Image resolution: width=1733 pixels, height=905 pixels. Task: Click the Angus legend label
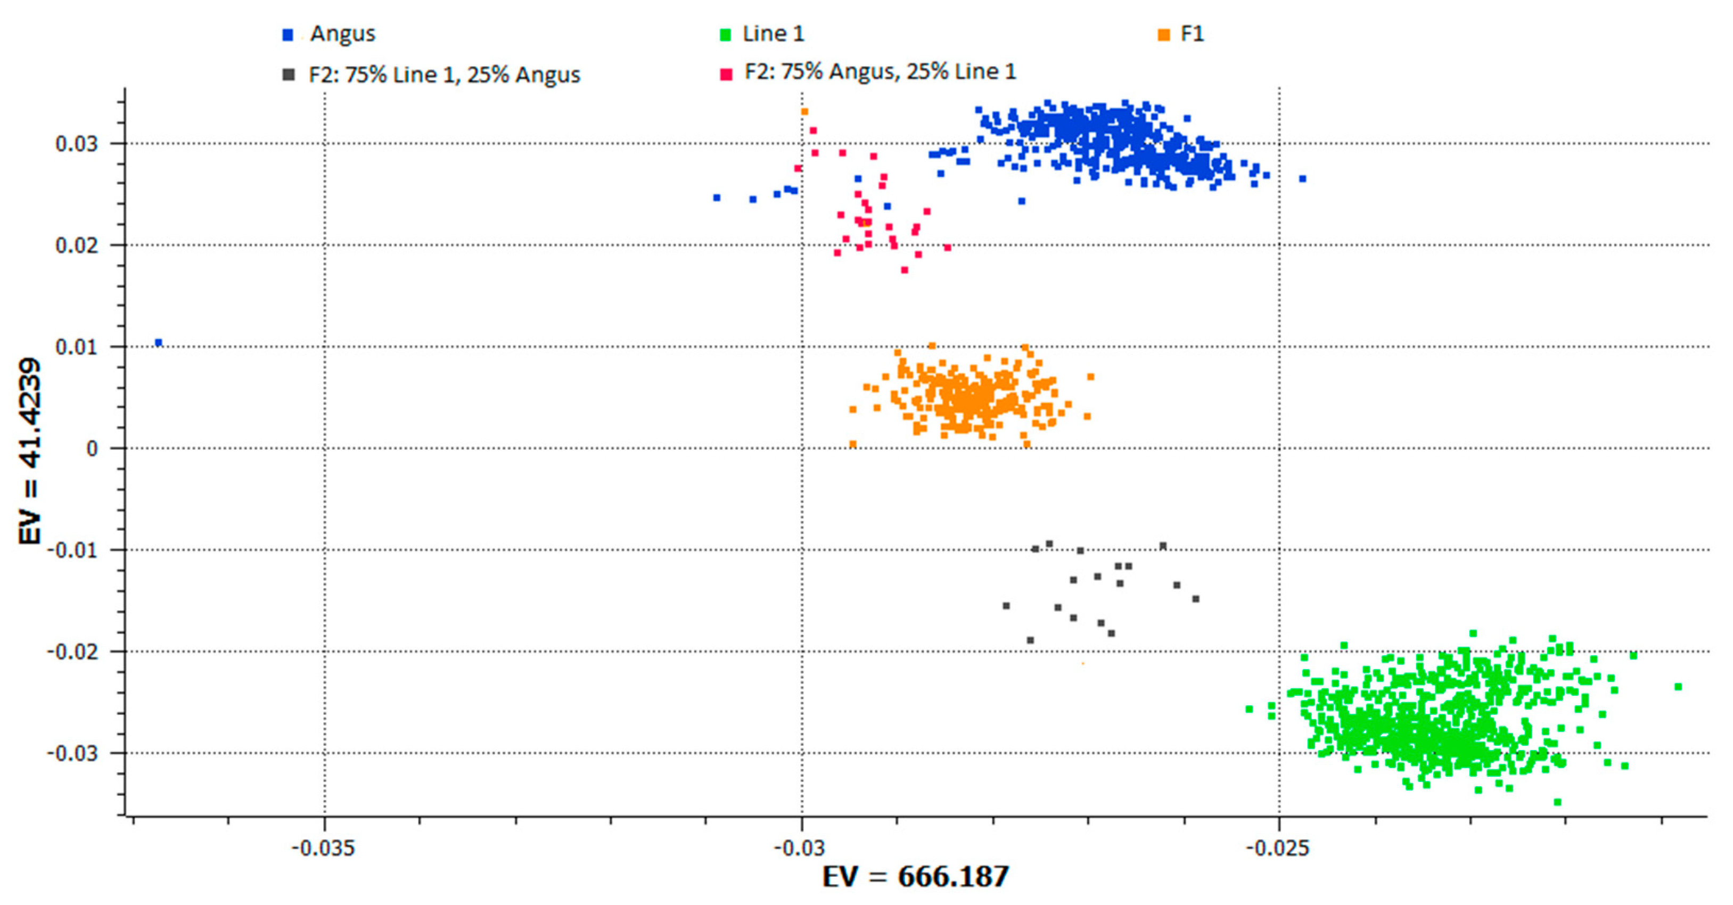click(342, 34)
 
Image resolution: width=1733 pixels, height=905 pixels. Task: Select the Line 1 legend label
click(773, 34)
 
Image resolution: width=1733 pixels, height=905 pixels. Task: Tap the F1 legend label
click(1192, 34)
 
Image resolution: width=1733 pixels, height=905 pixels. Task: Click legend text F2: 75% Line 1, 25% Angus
click(444, 75)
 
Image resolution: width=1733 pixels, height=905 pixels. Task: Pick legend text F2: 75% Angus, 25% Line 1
click(880, 71)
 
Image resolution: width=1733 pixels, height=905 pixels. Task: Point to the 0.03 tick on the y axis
click(76, 143)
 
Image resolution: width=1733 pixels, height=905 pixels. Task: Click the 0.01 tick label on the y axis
click(76, 347)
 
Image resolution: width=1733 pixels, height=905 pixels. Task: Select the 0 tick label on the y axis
click(92, 449)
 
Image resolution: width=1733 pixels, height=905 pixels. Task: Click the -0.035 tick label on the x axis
click(323, 848)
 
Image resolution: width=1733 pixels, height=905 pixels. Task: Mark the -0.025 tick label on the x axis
click(1278, 848)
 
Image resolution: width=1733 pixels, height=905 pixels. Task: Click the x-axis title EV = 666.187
click(916, 877)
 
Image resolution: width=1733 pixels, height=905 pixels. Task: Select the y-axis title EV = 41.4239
click(30, 451)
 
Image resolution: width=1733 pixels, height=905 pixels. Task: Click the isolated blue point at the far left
click(159, 342)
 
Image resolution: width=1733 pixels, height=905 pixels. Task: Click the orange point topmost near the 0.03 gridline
click(804, 112)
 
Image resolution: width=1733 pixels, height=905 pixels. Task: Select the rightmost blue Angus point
click(1302, 179)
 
